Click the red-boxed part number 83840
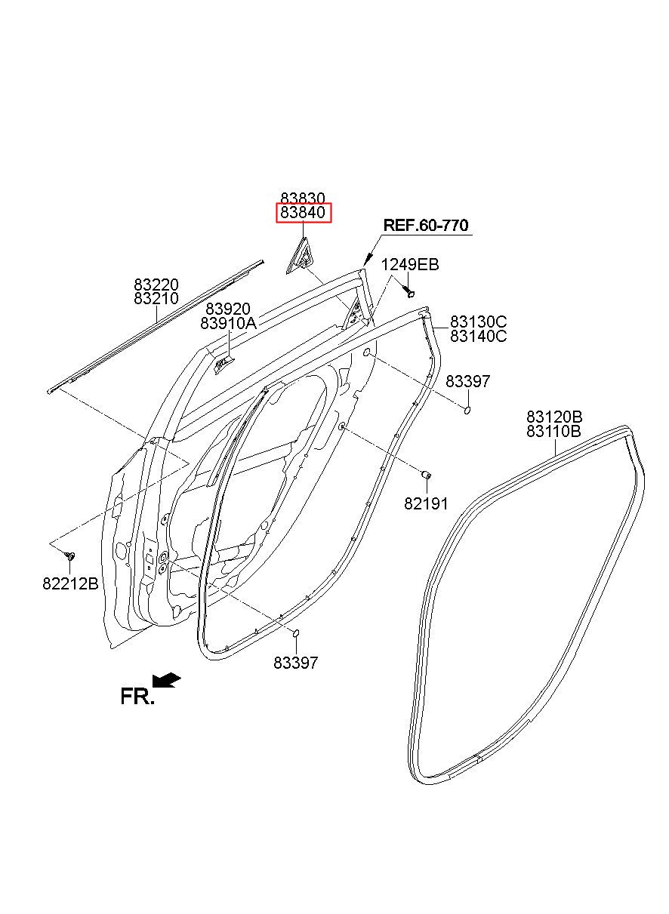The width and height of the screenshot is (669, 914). (303, 213)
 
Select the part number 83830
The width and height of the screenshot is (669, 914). (303, 198)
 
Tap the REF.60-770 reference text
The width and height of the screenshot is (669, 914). (426, 225)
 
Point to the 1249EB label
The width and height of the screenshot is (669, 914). (409, 265)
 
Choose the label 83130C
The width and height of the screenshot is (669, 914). (479, 322)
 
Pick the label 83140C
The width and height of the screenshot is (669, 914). (479, 337)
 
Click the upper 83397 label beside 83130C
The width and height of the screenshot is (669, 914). (467, 382)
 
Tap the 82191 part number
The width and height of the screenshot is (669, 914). (426, 503)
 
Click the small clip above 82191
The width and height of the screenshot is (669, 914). (425, 475)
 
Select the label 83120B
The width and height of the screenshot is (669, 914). (554, 417)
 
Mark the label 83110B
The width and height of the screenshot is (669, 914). (554, 432)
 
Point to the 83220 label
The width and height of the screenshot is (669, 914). (156, 285)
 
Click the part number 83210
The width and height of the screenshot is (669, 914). (156, 299)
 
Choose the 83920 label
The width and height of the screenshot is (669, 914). (228, 309)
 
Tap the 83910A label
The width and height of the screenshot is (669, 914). (229, 324)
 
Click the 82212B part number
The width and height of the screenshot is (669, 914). (70, 583)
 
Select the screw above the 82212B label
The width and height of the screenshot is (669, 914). (70, 555)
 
